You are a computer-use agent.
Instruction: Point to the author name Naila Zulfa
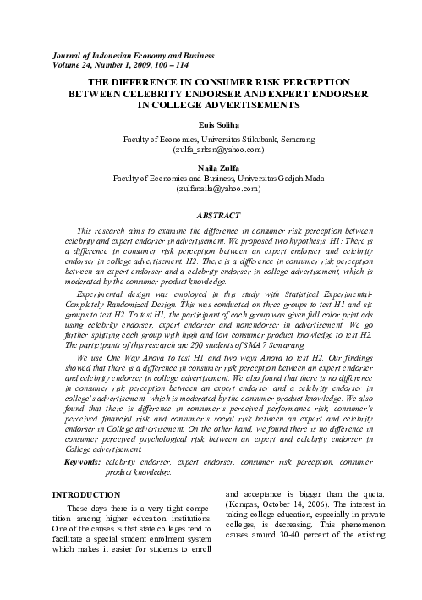point(211,168)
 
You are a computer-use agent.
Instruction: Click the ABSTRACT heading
point(211,217)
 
